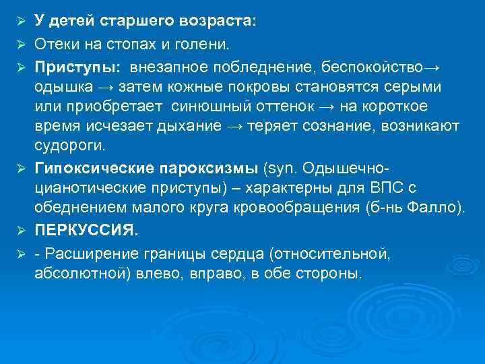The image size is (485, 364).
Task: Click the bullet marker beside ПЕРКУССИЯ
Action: tap(20, 230)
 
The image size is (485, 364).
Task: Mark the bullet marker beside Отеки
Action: tap(20, 44)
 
